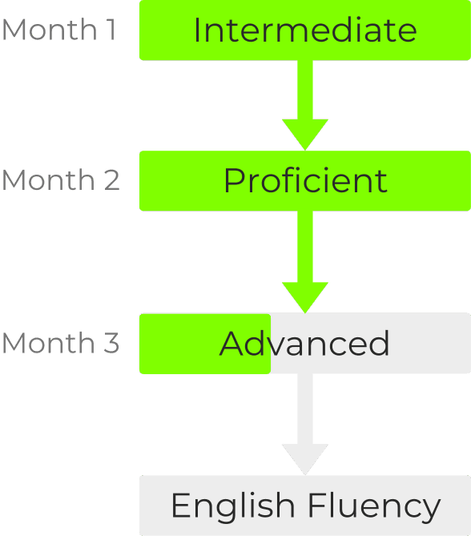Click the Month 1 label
(x=58, y=30)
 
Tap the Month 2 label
(x=61, y=179)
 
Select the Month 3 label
(x=61, y=343)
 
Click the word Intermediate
(x=305, y=30)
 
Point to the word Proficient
(x=305, y=180)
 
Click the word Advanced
(x=304, y=343)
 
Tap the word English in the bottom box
(x=233, y=506)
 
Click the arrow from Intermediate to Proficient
(x=305, y=105)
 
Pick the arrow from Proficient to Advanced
(x=305, y=262)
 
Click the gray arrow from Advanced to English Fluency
(x=305, y=424)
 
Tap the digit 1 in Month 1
(x=111, y=30)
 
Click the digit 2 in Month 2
(x=112, y=179)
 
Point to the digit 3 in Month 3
(x=111, y=343)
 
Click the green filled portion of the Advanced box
(x=205, y=344)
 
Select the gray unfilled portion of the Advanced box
(x=371, y=343)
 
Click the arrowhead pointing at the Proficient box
(x=305, y=133)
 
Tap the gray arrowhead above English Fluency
(x=305, y=457)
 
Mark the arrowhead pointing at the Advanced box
(x=305, y=296)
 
